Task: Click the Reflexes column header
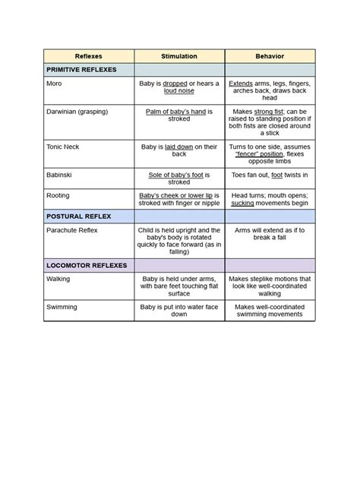click(x=89, y=56)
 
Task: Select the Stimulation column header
click(x=179, y=56)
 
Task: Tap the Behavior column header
click(x=270, y=56)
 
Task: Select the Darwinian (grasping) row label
click(x=77, y=112)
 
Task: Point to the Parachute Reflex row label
click(x=73, y=229)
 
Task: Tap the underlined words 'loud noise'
click(x=179, y=90)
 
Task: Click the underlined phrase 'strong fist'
click(x=267, y=112)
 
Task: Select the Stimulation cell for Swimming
click(x=179, y=311)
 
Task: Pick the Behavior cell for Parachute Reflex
click(x=270, y=233)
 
